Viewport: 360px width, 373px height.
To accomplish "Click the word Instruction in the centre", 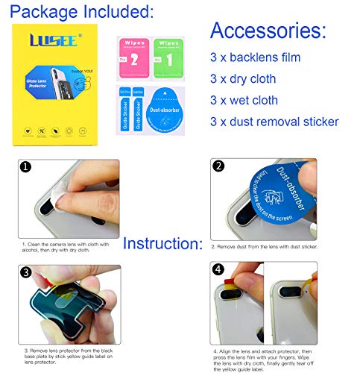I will [x=162, y=244].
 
